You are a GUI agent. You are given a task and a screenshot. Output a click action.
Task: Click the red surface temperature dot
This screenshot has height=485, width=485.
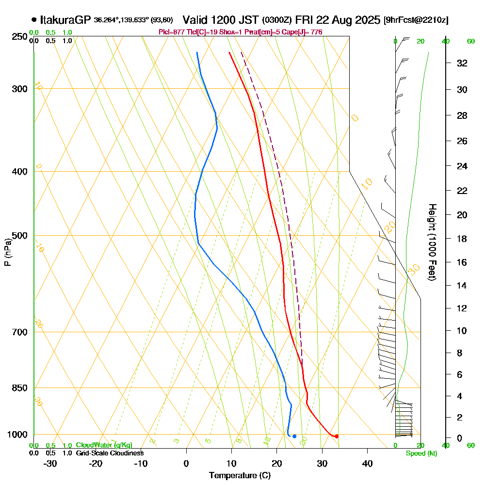coord(337,436)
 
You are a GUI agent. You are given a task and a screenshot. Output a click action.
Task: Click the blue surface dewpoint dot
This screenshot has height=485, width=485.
coord(294,436)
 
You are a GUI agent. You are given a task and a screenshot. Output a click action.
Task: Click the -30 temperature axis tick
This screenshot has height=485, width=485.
coord(50,463)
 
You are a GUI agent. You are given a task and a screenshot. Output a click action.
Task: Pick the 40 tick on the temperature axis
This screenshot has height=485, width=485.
coord(367,463)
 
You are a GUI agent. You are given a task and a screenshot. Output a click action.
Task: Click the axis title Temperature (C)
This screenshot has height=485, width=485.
coord(240,475)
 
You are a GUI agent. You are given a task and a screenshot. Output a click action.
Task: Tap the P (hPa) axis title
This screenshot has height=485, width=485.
coord(7,252)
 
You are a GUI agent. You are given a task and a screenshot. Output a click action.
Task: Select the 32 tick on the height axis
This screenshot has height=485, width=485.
coord(463,63)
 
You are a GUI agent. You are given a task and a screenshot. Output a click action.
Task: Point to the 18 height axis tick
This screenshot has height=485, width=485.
coord(463,239)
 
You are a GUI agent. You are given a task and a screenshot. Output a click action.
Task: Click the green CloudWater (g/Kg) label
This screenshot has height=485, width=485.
coord(104,445)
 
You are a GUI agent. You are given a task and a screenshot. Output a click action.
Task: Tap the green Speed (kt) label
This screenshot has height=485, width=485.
coord(421,453)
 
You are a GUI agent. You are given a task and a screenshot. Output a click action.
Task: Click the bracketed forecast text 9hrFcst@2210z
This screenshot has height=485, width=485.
coord(416,20)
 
